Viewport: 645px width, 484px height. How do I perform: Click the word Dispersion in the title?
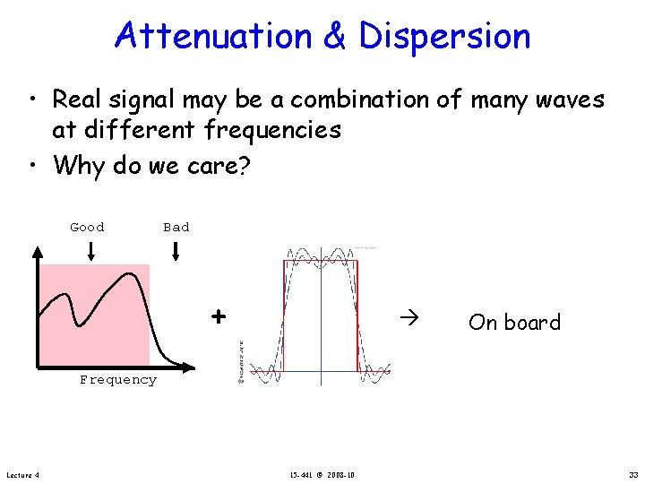(x=445, y=36)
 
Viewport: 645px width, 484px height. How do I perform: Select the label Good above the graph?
(x=87, y=228)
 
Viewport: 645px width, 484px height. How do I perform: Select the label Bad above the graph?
(x=176, y=228)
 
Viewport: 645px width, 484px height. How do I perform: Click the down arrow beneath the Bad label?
(x=176, y=252)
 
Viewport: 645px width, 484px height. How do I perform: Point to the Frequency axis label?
(x=117, y=380)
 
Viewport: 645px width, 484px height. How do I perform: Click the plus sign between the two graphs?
(x=217, y=316)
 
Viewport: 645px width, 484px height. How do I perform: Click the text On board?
(x=514, y=323)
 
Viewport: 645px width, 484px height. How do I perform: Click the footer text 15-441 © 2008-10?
(x=322, y=474)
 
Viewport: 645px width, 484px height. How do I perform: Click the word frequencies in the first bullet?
(x=272, y=131)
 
